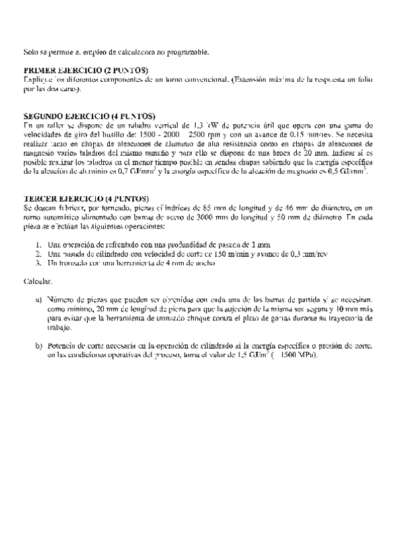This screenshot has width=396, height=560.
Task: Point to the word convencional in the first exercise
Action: (202, 79)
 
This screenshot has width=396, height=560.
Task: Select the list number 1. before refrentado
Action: (39, 244)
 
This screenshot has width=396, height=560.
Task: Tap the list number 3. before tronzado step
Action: (39, 263)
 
